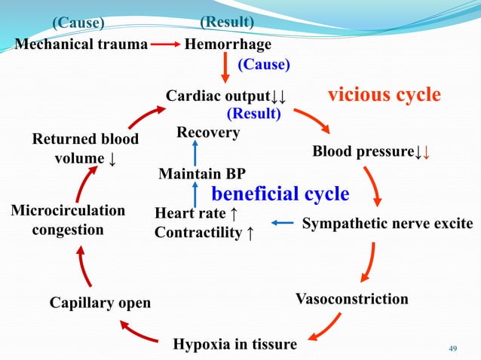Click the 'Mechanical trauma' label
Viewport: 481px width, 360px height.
click(x=81, y=44)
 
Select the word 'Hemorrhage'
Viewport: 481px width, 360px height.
click(x=228, y=44)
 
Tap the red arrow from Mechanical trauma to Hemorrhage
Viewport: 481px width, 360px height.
click(x=166, y=44)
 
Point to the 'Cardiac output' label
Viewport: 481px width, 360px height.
click(x=218, y=96)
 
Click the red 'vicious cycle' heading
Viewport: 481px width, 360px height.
click(x=384, y=95)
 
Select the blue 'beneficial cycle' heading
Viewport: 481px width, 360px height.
click(x=280, y=194)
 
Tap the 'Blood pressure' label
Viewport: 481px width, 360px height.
click(x=363, y=152)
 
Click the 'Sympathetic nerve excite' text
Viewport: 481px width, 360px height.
click(x=388, y=224)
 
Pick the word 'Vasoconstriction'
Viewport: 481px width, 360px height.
click(x=352, y=299)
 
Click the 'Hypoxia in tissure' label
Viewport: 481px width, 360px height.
click(x=235, y=344)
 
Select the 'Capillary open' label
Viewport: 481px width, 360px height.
click(x=100, y=303)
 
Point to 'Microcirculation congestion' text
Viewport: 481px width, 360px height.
click(x=68, y=218)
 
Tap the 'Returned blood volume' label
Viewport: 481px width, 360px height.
click(x=84, y=149)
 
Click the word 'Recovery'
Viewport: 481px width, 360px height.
click(x=207, y=133)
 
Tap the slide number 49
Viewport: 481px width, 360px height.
click(x=453, y=347)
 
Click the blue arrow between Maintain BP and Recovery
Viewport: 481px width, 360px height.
click(x=195, y=153)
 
